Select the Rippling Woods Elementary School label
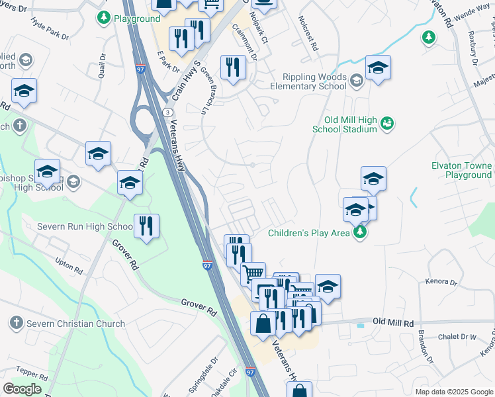[x=308, y=81]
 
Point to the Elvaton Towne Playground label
[x=461, y=170]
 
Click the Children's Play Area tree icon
[x=360, y=232]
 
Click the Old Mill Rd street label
[x=392, y=322]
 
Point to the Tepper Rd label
[x=28, y=373]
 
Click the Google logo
[x=22, y=389]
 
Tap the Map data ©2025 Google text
[x=453, y=392]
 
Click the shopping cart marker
[x=253, y=273]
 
